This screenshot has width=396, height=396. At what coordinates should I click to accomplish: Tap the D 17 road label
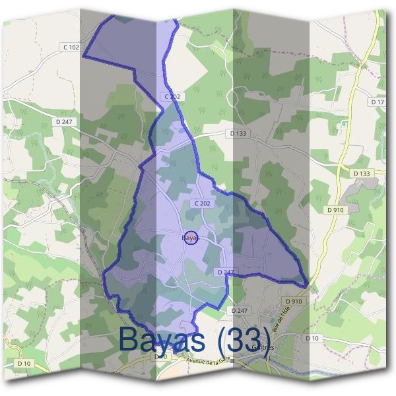tap(378, 102)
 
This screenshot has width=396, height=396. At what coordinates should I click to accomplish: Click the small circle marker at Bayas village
tap(190, 237)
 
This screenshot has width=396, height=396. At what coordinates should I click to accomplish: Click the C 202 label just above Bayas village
tap(202, 203)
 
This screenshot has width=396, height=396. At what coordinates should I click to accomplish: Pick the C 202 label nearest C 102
tap(172, 96)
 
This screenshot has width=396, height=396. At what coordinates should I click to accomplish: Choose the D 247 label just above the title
tap(239, 310)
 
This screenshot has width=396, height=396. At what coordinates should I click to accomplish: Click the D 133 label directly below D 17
tap(362, 173)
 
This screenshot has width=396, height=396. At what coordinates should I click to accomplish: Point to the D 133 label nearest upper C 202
tap(239, 133)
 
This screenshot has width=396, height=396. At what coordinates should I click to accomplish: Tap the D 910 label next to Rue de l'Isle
tap(294, 301)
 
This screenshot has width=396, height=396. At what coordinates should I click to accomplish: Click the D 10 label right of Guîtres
tap(312, 338)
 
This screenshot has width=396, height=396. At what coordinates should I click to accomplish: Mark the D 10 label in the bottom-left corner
tap(24, 363)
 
